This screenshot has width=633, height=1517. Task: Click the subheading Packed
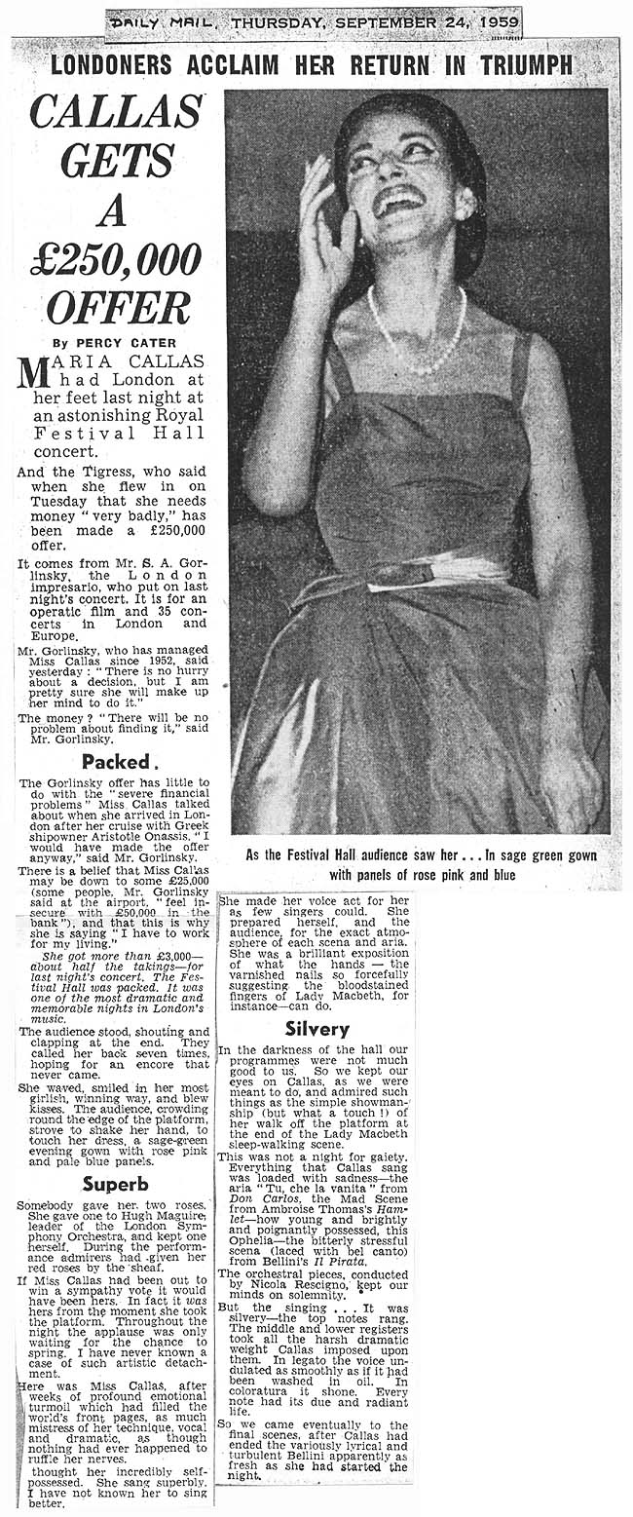coord(115,759)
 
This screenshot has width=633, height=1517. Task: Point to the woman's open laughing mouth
coord(407,207)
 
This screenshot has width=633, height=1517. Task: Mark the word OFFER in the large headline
coord(117,308)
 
